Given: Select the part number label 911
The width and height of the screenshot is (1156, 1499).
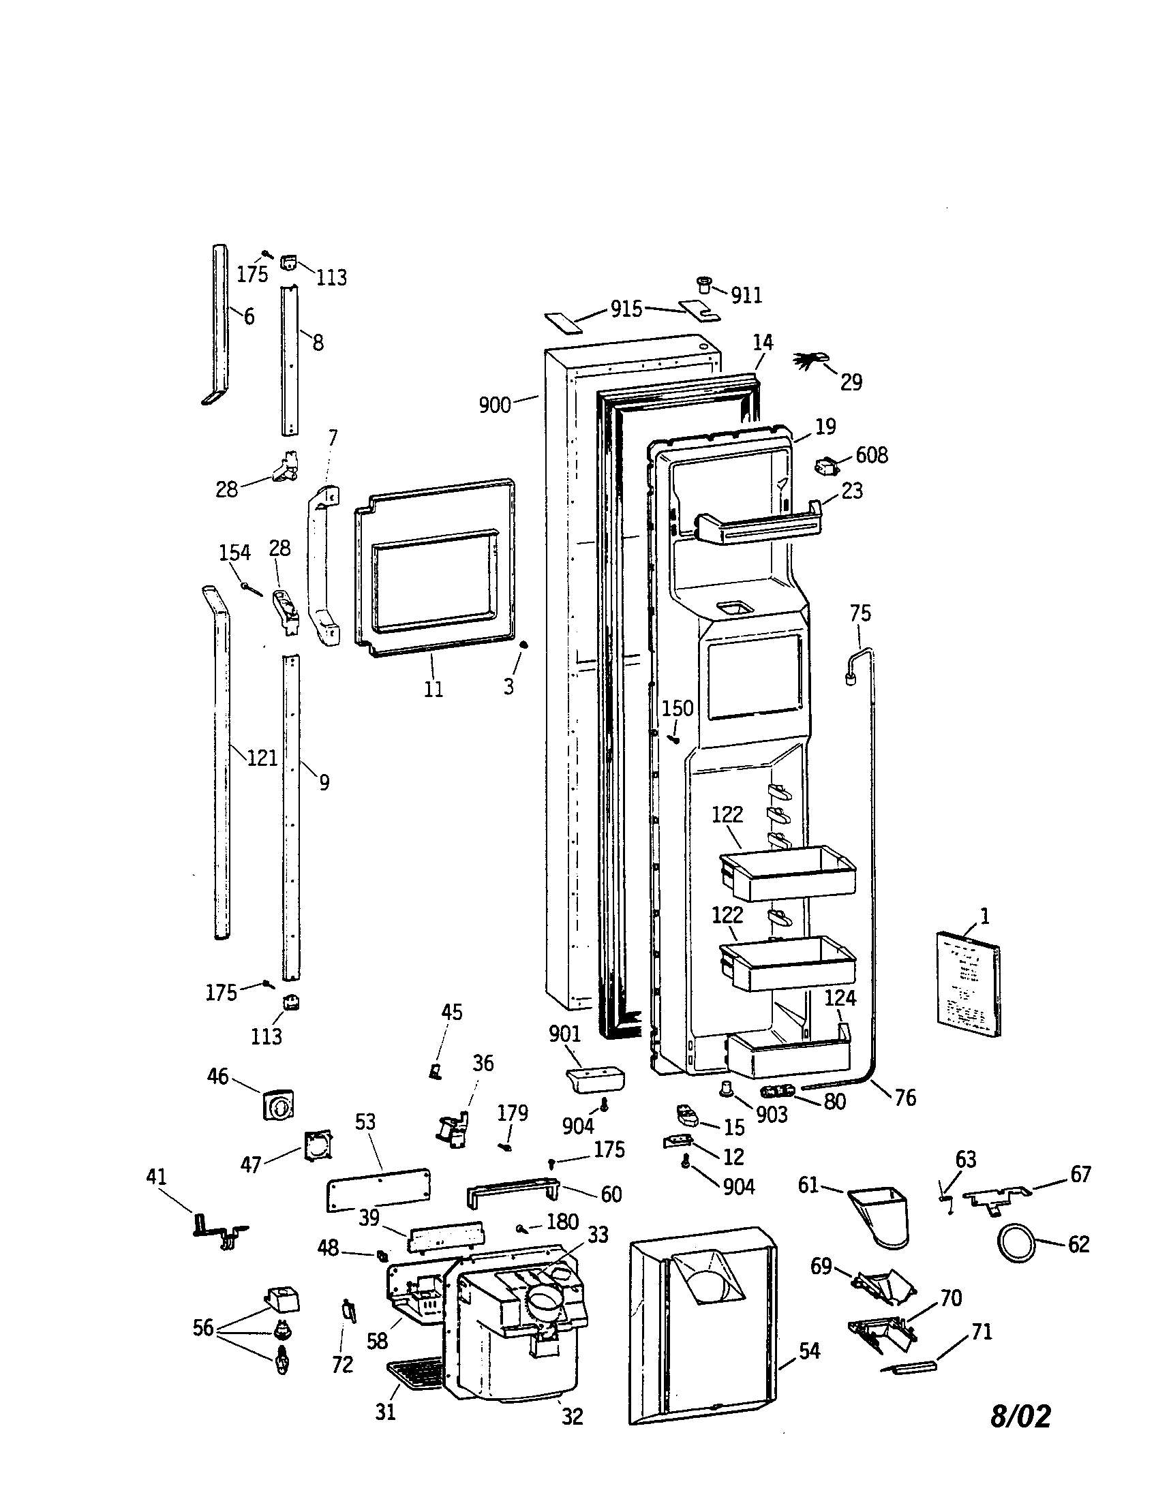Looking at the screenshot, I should tap(746, 295).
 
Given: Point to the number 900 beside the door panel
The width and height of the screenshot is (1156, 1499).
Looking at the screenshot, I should tap(495, 405).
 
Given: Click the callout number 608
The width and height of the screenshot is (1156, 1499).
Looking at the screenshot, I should tap(871, 455).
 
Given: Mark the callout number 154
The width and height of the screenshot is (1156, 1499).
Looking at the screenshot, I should tap(234, 553).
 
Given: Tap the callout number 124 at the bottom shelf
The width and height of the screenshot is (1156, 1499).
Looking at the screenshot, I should tap(840, 998).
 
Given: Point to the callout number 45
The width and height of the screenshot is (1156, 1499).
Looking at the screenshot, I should tap(452, 1012).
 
